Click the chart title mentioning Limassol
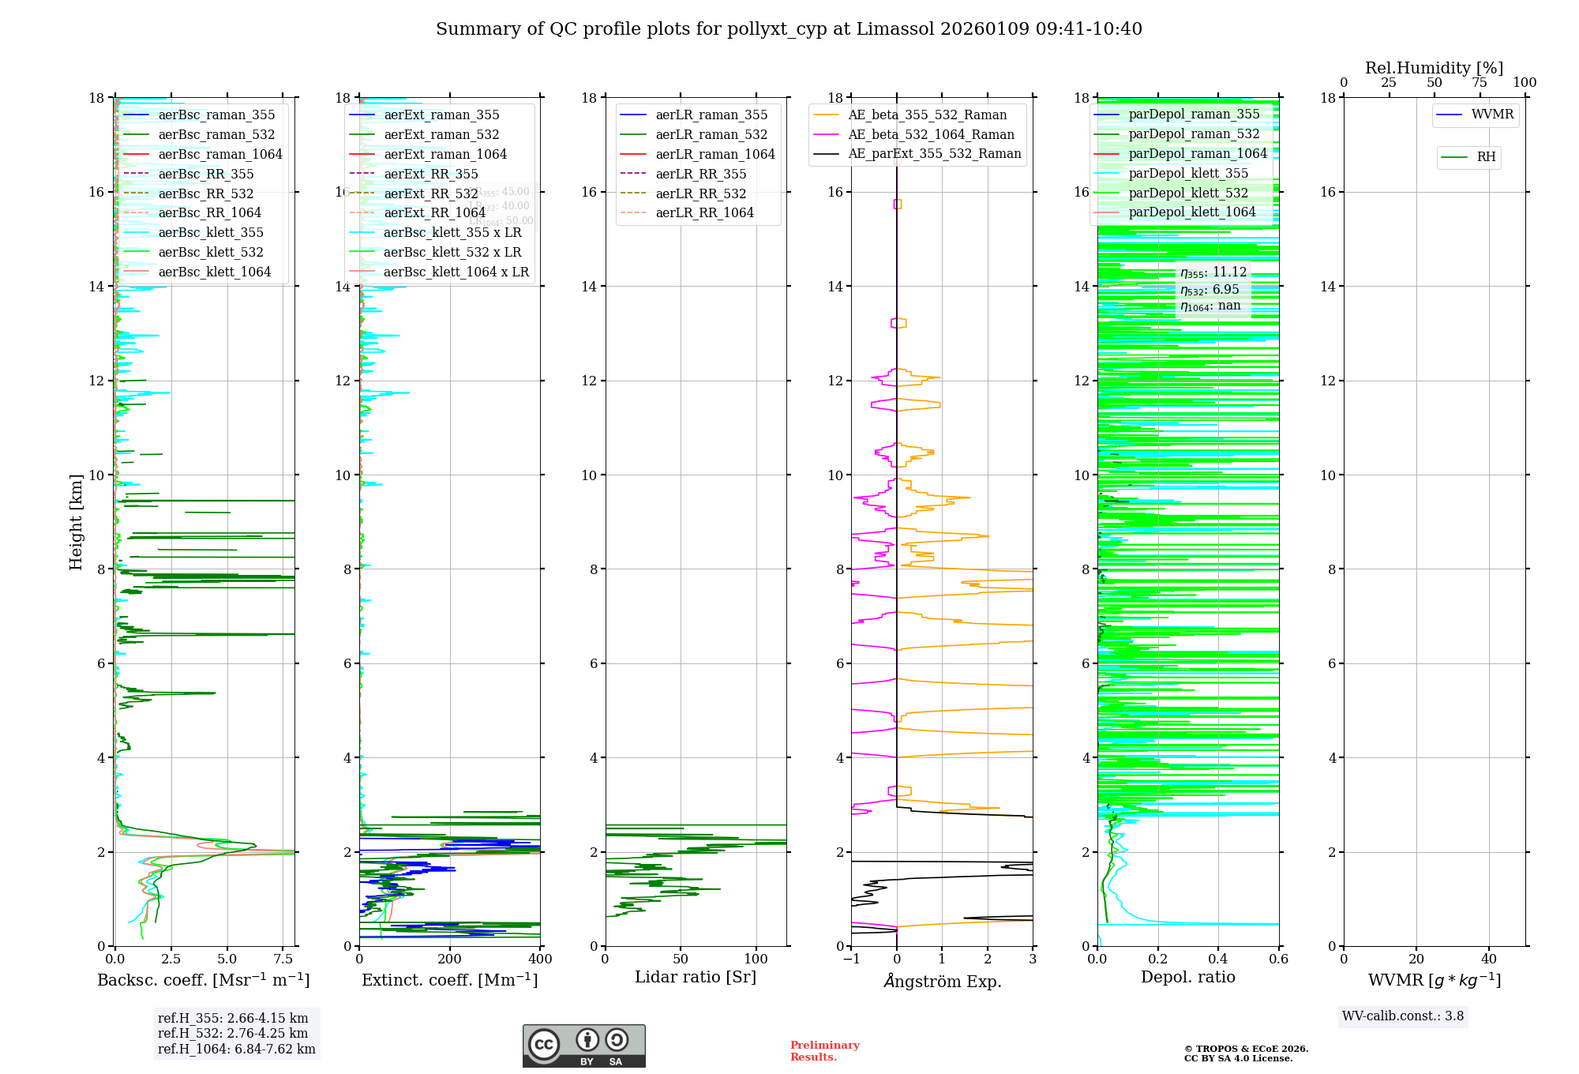pyautogui.click(x=789, y=29)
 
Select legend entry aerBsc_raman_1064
pyautogui.click(x=219, y=155)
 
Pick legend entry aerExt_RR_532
pyautogui.click(x=430, y=193)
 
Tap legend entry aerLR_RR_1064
pyautogui.click(x=704, y=213)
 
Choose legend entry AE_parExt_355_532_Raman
pyautogui.click(x=934, y=154)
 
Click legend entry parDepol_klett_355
pyautogui.click(x=1188, y=174)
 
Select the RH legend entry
pyautogui.click(x=1486, y=157)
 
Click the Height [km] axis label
pyautogui.click(x=76, y=521)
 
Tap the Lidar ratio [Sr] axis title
pyautogui.click(x=696, y=978)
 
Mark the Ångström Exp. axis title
pyautogui.click(x=942, y=982)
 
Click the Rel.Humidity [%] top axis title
pyautogui.click(x=1434, y=68)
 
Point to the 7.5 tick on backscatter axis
pyautogui.click(x=283, y=959)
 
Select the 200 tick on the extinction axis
pyautogui.click(x=450, y=959)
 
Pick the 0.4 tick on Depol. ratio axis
pyautogui.click(x=1218, y=959)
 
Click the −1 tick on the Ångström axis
pyautogui.click(x=851, y=959)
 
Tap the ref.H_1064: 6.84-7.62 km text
pyautogui.click(x=236, y=1050)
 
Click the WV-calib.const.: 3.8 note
pyautogui.click(x=1403, y=1016)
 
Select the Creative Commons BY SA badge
pyautogui.click(x=583, y=1046)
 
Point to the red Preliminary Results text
pyautogui.click(x=824, y=1051)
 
